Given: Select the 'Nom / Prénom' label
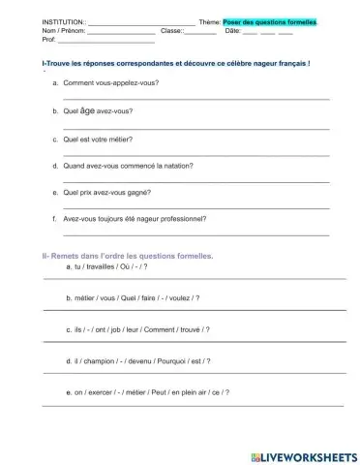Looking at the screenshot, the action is pyautogui.click(x=35, y=31).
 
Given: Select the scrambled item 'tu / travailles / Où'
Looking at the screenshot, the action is pyautogui.click(x=105, y=265).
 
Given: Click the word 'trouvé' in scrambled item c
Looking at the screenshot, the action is pyautogui.click(x=183, y=329).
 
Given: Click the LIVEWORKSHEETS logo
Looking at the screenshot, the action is pyautogui.click(x=304, y=456).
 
